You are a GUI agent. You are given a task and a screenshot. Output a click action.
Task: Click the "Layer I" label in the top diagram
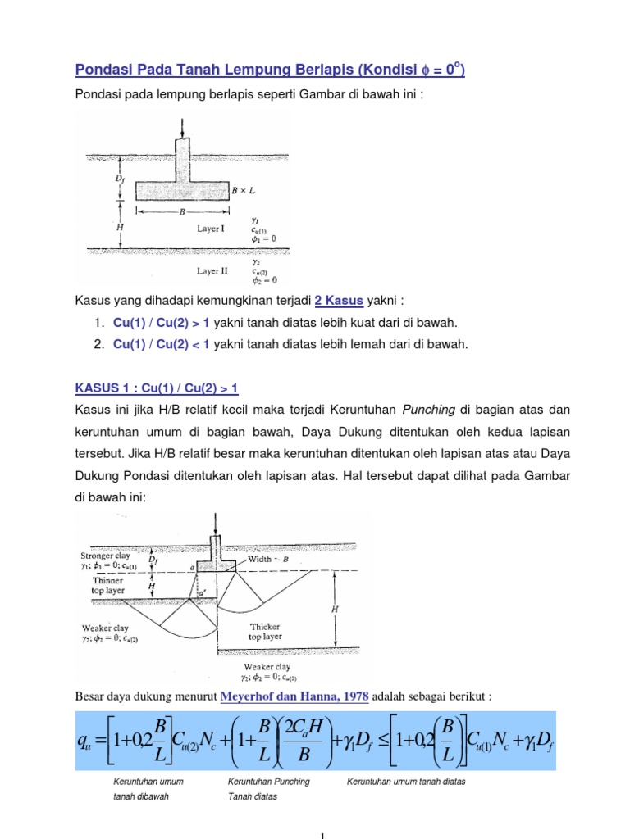(211, 229)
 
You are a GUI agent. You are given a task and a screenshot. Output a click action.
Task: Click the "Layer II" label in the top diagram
(212, 270)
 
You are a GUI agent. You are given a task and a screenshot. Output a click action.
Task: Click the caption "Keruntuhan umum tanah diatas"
(406, 782)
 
